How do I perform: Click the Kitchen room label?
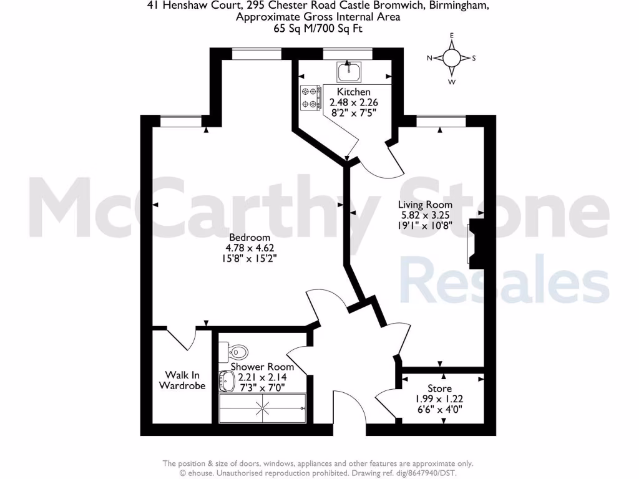(x=354, y=92)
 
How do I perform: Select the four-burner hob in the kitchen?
(x=310, y=97)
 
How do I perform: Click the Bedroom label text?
(x=250, y=237)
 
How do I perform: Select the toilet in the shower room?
(x=237, y=351)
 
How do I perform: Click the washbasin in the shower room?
(x=227, y=380)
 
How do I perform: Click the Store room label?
(x=439, y=389)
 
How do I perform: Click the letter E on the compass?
(x=452, y=36)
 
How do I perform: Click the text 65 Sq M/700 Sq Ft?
(x=318, y=28)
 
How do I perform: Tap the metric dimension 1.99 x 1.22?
(x=439, y=399)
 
